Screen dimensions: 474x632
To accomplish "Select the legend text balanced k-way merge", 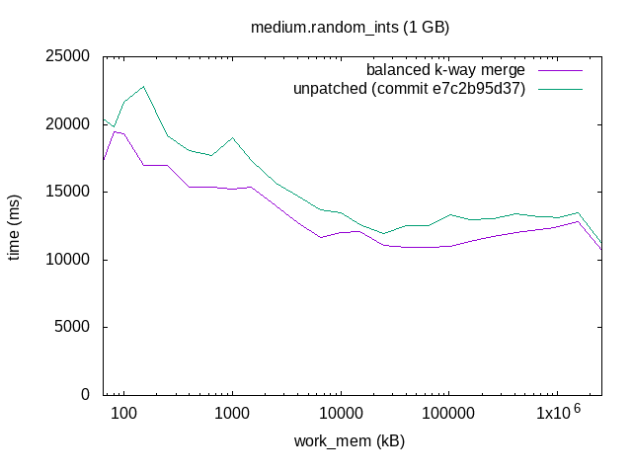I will [x=444, y=70].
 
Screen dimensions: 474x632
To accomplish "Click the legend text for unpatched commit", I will [x=408, y=89].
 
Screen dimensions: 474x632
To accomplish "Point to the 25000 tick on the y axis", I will [x=69, y=56].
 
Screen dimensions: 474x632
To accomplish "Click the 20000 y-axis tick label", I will [x=69, y=124].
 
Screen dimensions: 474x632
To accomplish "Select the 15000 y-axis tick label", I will [x=69, y=192].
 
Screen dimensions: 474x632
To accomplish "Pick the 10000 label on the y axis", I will [x=69, y=260].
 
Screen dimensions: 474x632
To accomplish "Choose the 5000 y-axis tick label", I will [x=73, y=327].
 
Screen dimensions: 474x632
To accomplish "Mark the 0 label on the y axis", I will [x=87, y=395].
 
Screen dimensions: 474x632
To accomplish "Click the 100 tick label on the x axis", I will [x=123, y=413].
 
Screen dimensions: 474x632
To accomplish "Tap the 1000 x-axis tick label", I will [x=232, y=413].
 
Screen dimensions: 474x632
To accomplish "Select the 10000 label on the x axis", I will [x=341, y=413].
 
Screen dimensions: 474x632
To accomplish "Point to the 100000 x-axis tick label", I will [x=449, y=413].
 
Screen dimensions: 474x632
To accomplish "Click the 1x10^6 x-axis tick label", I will [x=558, y=411].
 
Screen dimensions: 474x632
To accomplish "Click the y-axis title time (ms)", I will [x=16, y=225].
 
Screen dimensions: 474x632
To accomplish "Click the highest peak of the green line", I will [x=144, y=86].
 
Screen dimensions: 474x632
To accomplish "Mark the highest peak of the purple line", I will [x=115, y=131].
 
